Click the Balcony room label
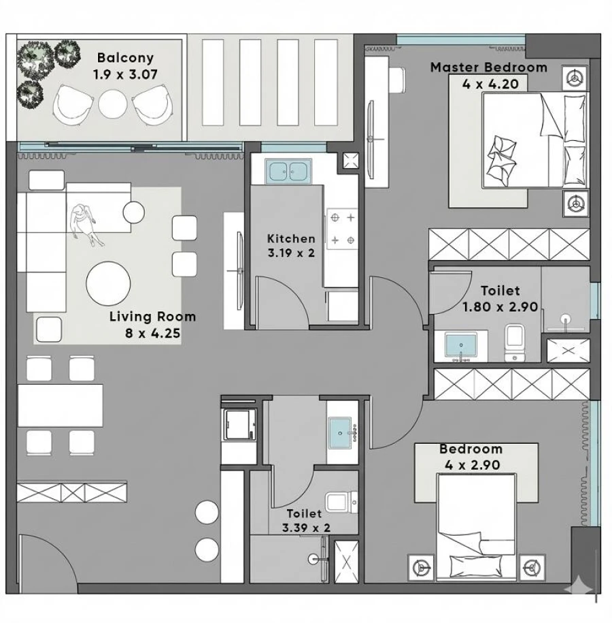(x=125, y=58)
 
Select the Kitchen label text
(x=291, y=238)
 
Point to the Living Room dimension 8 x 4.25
(x=153, y=333)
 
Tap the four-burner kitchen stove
(x=341, y=229)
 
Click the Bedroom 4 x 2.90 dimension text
(x=471, y=466)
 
